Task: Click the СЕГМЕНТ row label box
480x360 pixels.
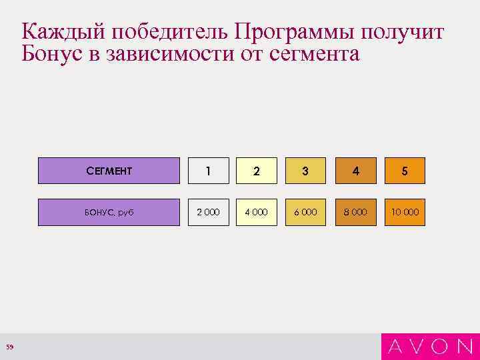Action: point(109,171)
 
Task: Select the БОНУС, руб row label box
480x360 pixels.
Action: point(109,212)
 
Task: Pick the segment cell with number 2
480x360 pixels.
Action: point(257,171)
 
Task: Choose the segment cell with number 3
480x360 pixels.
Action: point(305,171)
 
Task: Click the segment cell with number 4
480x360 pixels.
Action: point(355,171)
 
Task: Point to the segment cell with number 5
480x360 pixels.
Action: point(404,171)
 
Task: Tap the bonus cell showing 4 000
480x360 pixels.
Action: point(257,212)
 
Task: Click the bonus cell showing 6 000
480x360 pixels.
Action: point(305,212)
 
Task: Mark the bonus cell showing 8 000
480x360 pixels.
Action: point(355,212)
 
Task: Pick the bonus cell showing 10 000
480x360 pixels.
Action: point(404,212)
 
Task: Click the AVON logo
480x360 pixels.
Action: point(430,346)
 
